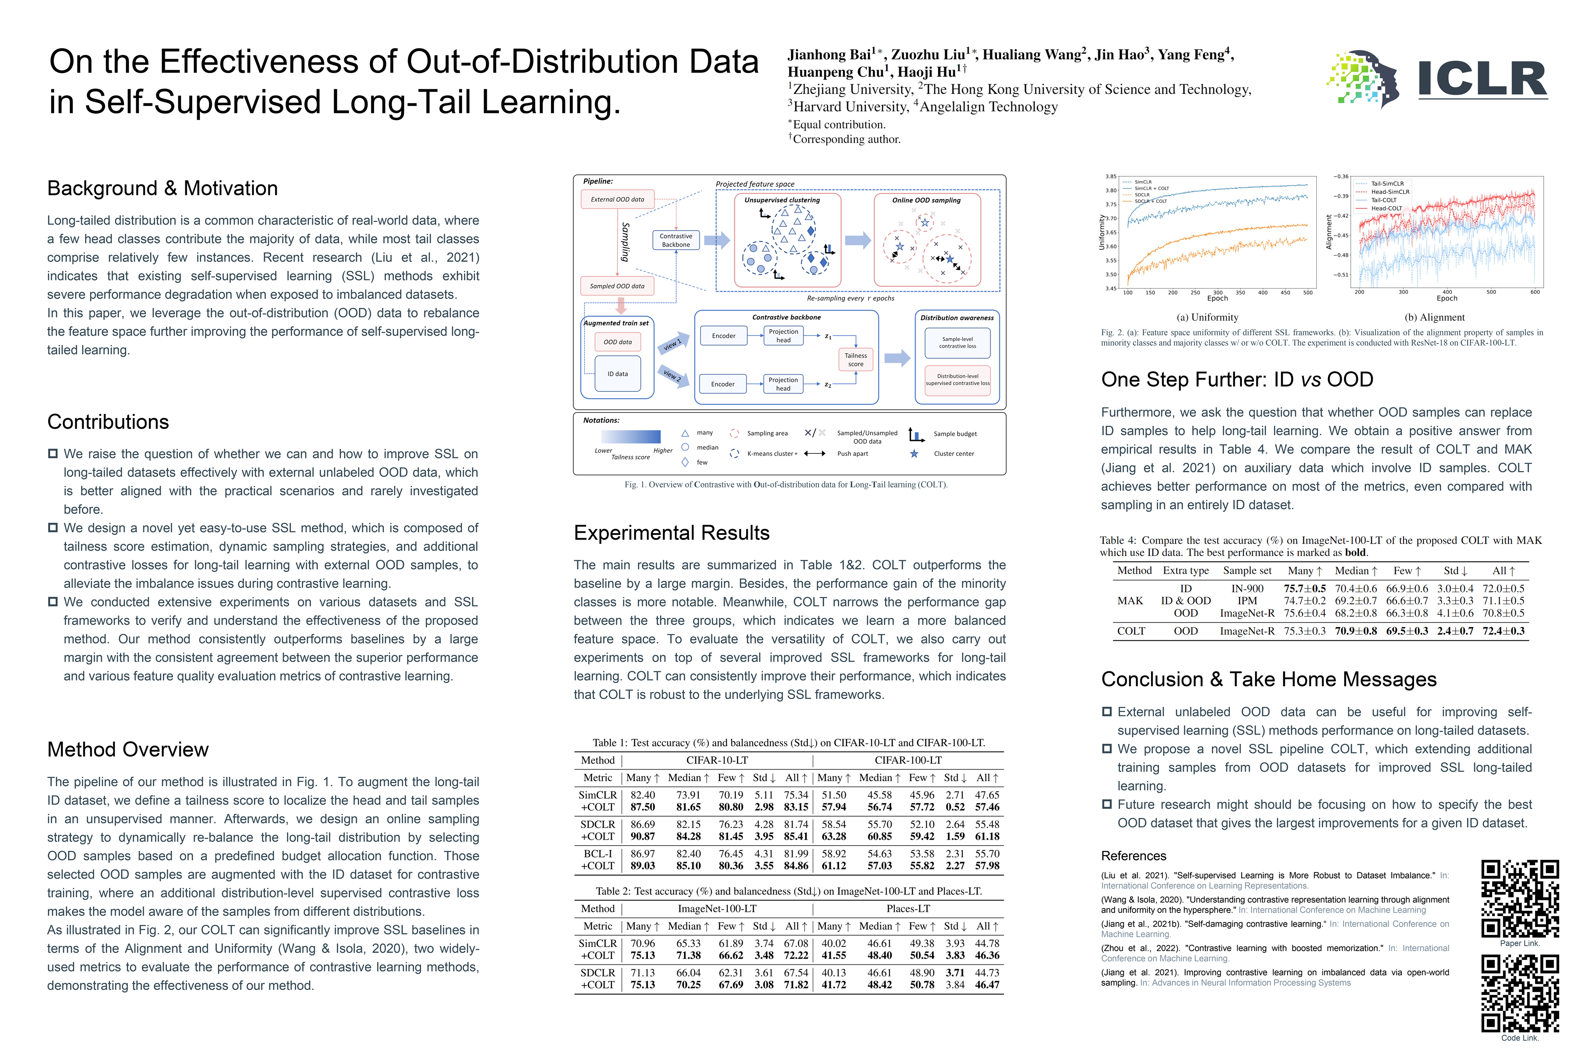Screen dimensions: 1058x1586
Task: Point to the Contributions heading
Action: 108,422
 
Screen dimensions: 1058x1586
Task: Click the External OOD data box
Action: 617,199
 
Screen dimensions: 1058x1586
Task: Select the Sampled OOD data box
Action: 617,286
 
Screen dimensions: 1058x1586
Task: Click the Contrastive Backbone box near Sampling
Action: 676,240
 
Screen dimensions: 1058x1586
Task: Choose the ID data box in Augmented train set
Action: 617,374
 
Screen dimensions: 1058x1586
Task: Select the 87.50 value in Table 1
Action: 642,807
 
